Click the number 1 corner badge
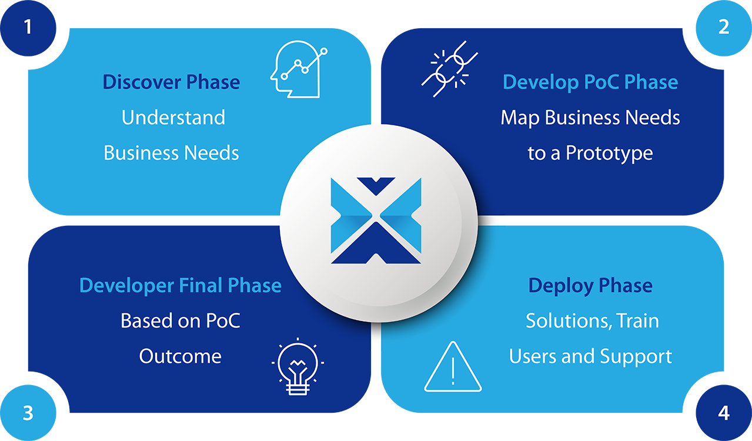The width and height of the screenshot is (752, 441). [28, 27]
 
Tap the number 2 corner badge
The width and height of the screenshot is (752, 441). [724, 27]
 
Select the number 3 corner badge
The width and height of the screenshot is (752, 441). [28, 413]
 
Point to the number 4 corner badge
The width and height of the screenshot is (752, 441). [724, 413]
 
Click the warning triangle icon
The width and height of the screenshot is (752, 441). [453, 368]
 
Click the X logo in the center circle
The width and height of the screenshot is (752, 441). [376, 220]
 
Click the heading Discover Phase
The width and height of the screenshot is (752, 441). [171, 82]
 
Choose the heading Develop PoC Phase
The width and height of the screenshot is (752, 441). [590, 82]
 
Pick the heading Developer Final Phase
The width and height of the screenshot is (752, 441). [180, 286]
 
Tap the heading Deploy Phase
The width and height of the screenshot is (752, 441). [590, 286]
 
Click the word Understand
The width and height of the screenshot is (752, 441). [173, 118]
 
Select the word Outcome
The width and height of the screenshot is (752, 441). [180, 356]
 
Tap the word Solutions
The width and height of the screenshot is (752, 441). [564, 321]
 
